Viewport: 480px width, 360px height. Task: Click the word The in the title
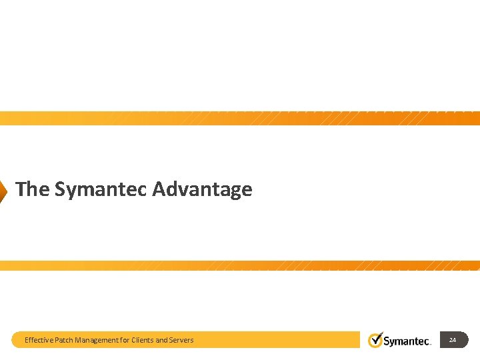pyautogui.click(x=32, y=189)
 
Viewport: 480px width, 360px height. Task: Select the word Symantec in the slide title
pyautogui.click(x=101, y=189)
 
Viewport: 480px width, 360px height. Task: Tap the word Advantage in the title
pyautogui.click(x=202, y=189)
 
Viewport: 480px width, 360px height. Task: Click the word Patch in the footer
pyautogui.click(x=64, y=340)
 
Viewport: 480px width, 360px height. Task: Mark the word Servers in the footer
pyautogui.click(x=181, y=340)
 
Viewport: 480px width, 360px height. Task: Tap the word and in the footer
pyautogui.click(x=162, y=340)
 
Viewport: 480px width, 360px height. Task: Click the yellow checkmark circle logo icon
pyautogui.click(x=375, y=340)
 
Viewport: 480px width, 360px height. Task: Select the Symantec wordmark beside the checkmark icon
pyautogui.click(x=407, y=341)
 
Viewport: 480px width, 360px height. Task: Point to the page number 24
pyautogui.click(x=453, y=340)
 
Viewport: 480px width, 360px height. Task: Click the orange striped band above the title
pyautogui.click(x=240, y=119)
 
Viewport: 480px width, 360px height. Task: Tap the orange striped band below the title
pyautogui.click(x=240, y=265)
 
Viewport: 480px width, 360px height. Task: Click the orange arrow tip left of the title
pyautogui.click(x=3, y=190)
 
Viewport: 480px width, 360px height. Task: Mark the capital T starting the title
pyautogui.click(x=21, y=189)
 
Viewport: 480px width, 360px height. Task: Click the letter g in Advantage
pyautogui.click(x=233, y=191)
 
